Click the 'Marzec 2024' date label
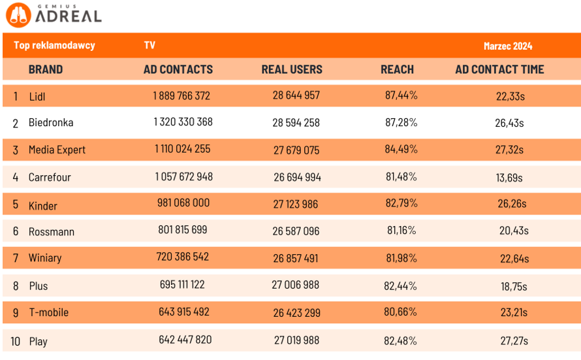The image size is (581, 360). [x=507, y=46]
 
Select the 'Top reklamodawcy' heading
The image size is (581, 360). [x=54, y=46]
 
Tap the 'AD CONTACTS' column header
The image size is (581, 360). [x=178, y=69]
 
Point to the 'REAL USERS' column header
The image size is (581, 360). [x=292, y=69]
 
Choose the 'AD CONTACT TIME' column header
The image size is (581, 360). [x=499, y=69]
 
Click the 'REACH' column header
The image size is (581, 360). [x=397, y=69]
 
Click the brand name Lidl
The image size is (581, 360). [x=37, y=97]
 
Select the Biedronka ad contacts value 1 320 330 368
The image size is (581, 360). [x=183, y=122]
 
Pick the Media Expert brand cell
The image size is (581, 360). [x=57, y=150]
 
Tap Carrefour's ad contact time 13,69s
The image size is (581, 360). [x=509, y=177]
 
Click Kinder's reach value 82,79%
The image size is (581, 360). [x=401, y=203]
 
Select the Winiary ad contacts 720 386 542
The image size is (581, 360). [x=183, y=257]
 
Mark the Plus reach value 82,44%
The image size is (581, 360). [x=401, y=286]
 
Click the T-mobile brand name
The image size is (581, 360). [x=48, y=312]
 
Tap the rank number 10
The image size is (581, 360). [x=16, y=341]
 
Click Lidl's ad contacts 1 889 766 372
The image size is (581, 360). [x=181, y=96]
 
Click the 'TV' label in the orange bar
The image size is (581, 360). [x=149, y=46]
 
